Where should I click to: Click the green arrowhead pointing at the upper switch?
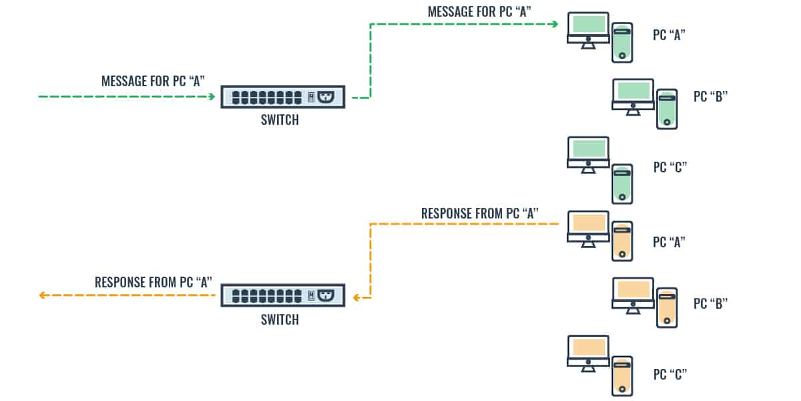[x=212, y=96]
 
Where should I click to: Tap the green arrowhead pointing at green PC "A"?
[x=555, y=24]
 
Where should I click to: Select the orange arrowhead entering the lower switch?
[x=356, y=297]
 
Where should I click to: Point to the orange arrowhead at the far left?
[x=43, y=295]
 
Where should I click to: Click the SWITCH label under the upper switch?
[x=280, y=120]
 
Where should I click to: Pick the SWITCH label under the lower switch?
[x=280, y=319]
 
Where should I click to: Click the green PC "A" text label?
[x=669, y=35]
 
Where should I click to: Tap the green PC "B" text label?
[x=710, y=96]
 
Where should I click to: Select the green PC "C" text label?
[x=670, y=167]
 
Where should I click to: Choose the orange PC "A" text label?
[x=669, y=242]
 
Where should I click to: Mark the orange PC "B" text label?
[x=710, y=303]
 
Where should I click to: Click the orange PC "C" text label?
[x=670, y=374]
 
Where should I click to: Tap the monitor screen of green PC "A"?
[x=589, y=24]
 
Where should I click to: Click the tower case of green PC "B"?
[x=667, y=109]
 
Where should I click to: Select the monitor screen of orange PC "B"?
[x=633, y=289]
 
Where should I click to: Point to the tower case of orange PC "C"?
[x=622, y=376]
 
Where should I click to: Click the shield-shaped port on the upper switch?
[x=326, y=97]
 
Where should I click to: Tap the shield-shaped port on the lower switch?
[x=326, y=295]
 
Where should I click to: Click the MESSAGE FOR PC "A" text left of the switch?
[x=153, y=81]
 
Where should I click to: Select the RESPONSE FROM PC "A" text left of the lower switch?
[x=154, y=282]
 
